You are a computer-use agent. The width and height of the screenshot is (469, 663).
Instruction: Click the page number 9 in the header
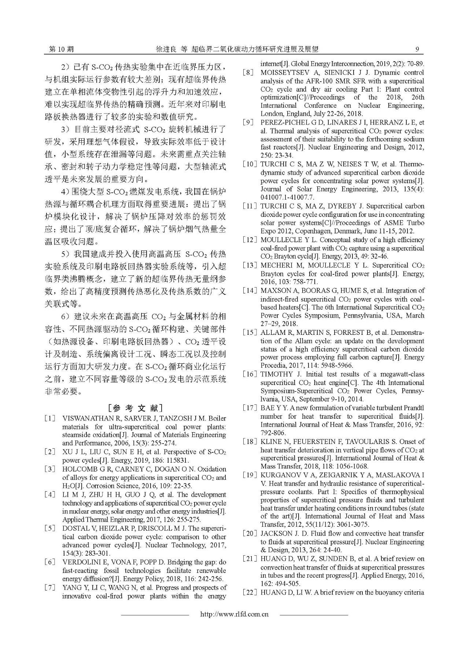(417, 49)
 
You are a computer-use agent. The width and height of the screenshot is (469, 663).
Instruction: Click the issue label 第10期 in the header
(61, 49)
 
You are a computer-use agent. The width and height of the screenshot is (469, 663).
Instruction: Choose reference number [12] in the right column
(250, 240)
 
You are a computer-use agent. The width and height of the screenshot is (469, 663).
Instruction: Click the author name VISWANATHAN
(88, 418)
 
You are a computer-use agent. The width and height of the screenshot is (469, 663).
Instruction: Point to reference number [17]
(250, 408)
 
